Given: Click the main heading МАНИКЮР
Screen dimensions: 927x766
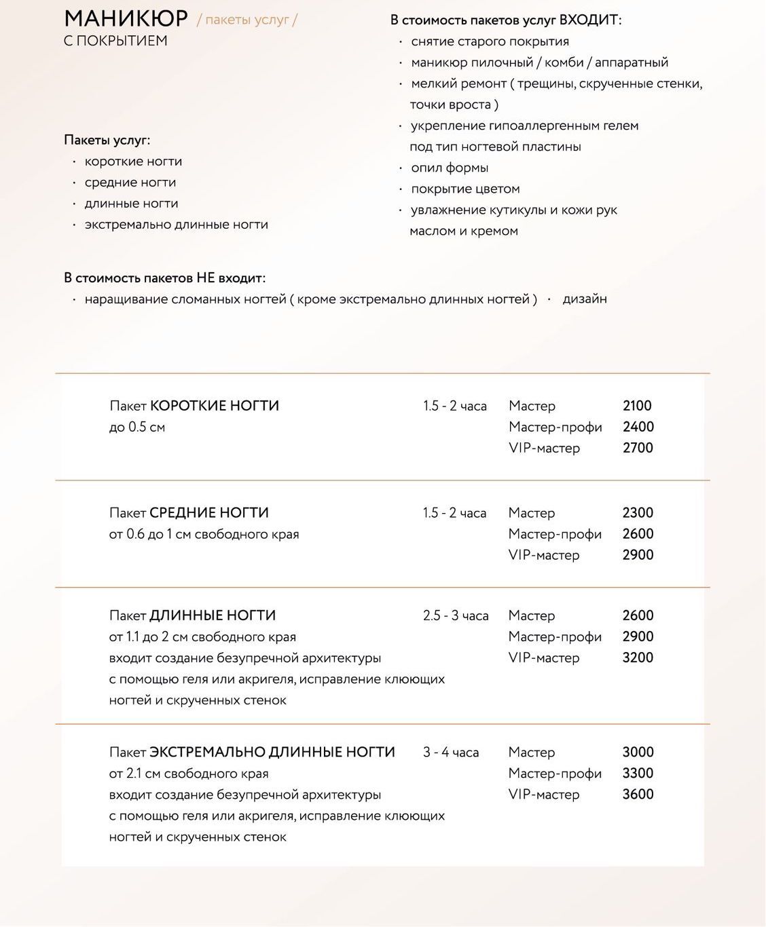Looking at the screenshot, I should (126, 18).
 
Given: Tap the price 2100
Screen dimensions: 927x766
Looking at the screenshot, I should (637, 406).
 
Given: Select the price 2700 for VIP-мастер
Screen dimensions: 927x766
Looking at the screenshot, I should (638, 448).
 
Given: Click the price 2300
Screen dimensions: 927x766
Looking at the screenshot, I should (638, 513).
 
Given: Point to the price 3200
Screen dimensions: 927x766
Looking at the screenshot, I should (638, 658).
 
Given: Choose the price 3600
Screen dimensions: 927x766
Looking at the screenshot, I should (638, 794).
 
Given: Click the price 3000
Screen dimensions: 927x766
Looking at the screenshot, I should (638, 752).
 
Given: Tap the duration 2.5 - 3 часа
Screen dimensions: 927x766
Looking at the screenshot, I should (456, 616).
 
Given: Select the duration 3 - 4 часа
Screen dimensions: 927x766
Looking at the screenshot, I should (451, 752).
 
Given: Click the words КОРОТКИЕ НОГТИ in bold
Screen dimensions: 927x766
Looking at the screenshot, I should (215, 406).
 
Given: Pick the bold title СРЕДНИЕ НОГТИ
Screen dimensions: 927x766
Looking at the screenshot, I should (209, 513).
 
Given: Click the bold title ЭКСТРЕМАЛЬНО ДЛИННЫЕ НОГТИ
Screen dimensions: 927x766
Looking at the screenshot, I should (272, 752).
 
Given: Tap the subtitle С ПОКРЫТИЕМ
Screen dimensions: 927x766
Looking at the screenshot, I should (115, 41).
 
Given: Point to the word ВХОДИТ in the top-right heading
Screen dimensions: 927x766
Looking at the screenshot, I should (588, 20).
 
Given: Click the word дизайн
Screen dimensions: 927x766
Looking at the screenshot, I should (585, 299).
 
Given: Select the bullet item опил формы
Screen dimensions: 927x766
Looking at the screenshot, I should (450, 168).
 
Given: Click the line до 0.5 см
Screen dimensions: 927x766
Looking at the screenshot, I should (137, 427).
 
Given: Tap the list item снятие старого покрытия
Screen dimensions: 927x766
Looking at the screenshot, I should (490, 41).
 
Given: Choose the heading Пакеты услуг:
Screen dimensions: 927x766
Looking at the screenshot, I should (107, 140).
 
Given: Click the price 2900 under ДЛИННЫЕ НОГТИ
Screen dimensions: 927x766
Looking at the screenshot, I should (638, 637).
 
